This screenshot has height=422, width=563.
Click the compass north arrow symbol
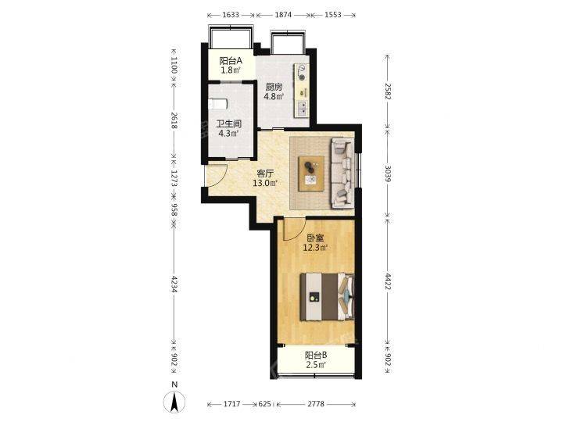174,402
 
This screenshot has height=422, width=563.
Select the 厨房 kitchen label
274,88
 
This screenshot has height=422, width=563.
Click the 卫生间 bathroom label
228,124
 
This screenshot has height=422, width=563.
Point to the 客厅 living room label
265,174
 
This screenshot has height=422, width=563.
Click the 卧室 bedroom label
316,238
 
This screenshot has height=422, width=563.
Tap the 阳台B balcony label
316,356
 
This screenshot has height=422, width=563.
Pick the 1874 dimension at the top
283,15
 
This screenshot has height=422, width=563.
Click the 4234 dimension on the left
174,284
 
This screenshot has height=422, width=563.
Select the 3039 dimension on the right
387,173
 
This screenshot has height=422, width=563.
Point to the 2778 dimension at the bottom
316,404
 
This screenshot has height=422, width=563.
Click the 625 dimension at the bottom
264,404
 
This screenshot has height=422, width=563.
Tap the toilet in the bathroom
217,104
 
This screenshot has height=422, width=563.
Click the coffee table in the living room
311,173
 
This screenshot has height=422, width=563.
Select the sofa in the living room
342,173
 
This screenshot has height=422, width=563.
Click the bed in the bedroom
327,296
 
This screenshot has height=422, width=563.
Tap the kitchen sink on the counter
302,109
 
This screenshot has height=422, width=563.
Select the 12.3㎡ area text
316,248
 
